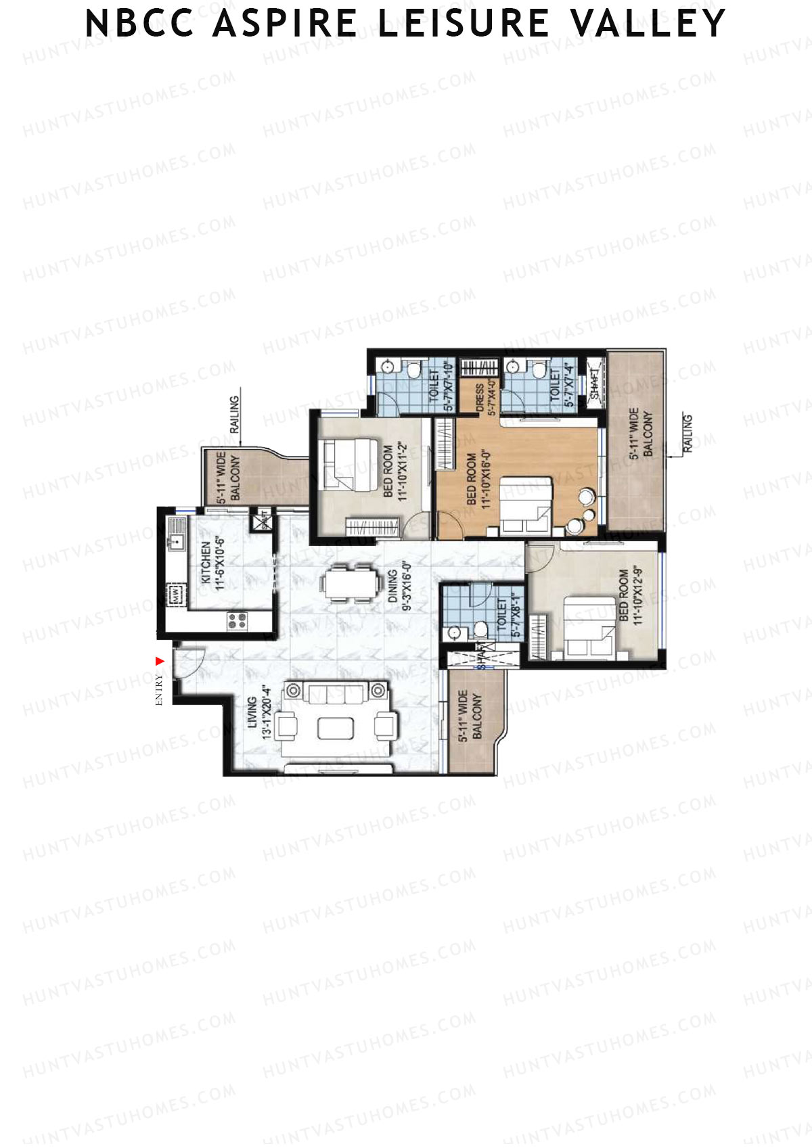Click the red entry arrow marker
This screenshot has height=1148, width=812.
coord(160,661)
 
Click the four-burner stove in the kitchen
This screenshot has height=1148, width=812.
coord(237,620)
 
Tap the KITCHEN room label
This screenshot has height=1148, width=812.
coord(212,566)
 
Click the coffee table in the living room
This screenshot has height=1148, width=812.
coord(336,729)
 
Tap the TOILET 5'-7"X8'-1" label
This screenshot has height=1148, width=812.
coord(509,617)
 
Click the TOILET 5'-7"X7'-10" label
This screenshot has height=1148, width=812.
coord(440,387)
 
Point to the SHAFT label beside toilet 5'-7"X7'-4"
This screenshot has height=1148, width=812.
coord(594,385)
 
